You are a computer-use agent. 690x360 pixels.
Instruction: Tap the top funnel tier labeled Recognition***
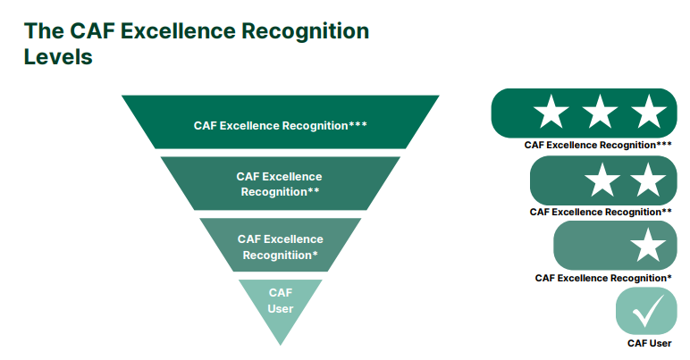(x=281, y=125)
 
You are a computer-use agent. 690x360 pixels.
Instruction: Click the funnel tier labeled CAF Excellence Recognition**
(x=280, y=183)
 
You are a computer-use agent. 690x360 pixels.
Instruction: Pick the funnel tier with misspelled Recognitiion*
(x=280, y=247)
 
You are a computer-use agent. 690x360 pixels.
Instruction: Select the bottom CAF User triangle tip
(x=281, y=304)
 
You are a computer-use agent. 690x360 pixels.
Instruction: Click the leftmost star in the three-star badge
(x=551, y=113)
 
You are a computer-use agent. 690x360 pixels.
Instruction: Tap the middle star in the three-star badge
(x=601, y=113)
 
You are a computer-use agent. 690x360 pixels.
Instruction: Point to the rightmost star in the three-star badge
(x=648, y=113)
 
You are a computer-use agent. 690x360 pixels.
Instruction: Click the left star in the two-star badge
(x=602, y=180)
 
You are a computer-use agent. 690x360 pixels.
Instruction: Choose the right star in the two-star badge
(x=648, y=180)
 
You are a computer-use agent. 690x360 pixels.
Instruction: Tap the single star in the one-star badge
(x=648, y=246)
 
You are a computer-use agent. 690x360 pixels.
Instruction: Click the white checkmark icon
(x=646, y=312)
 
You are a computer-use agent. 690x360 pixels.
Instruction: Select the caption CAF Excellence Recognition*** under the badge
(x=598, y=145)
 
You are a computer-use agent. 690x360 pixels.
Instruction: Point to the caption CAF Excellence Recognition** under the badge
(x=601, y=212)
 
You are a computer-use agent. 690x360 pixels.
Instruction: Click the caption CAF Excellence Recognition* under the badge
(x=603, y=278)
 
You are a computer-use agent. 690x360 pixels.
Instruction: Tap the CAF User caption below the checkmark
(x=649, y=343)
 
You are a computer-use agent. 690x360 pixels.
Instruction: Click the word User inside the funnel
(x=281, y=309)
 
